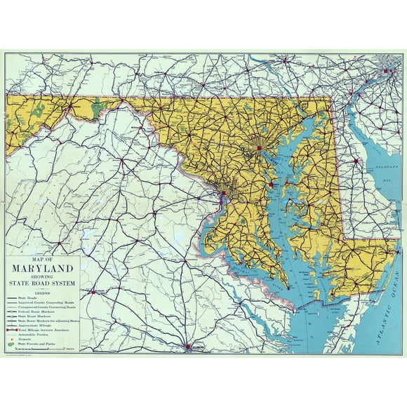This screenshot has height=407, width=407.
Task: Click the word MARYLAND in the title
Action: (x=41, y=269)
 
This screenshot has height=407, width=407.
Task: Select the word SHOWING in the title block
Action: (x=41, y=276)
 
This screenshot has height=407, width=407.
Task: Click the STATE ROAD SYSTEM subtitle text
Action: (x=41, y=283)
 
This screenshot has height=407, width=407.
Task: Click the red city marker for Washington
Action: (x=223, y=190)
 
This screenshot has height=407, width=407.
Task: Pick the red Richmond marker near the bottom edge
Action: (x=185, y=345)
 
